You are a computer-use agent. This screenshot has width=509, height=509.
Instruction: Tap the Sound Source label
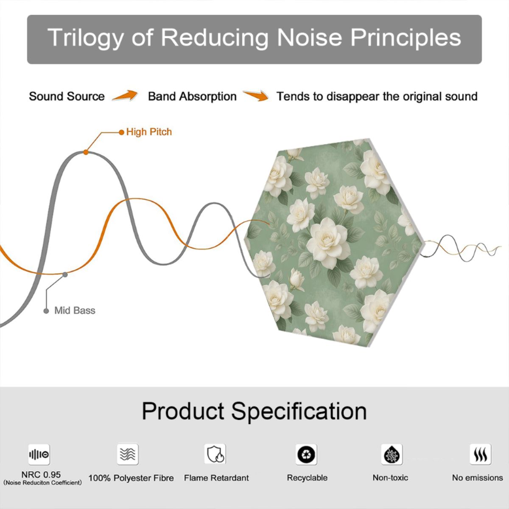(67, 96)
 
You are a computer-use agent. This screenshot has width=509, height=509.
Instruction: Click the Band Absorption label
(192, 96)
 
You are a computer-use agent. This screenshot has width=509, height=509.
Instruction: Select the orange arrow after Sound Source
(125, 95)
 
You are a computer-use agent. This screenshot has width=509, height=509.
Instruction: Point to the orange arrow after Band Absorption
(256, 95)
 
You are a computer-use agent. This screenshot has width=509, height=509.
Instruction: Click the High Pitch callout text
(149, 132)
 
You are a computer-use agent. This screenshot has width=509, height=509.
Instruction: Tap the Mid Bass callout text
(75, 310)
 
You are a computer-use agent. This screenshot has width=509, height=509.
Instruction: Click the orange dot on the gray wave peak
(86, 152)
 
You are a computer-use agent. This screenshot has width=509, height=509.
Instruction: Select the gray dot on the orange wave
(65, 275)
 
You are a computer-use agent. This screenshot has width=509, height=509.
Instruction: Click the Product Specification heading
(255, 411)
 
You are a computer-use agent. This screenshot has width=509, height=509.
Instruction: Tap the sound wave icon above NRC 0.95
(39, 454)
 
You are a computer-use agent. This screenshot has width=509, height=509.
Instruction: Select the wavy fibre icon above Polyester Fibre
(128, 454)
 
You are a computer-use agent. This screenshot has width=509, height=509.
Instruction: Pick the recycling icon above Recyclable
(306, 454)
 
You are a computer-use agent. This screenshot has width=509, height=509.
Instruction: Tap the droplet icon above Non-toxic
(392, 454)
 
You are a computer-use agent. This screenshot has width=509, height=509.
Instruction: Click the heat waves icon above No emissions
(481, 454)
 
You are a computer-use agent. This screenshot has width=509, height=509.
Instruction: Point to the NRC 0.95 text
(41, 475)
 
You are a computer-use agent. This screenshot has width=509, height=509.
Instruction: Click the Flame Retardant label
(216, 478)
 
